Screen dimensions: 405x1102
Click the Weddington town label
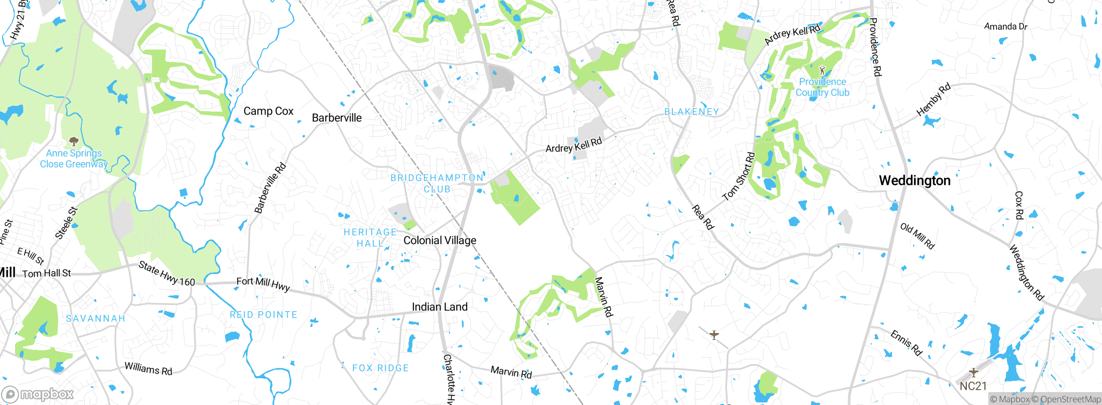pyautogui.click(x=914, y=181)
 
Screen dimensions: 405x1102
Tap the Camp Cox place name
pyautogui.click(x=268, y=111)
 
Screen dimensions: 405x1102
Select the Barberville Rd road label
pyautogui.click(x=270, y=188)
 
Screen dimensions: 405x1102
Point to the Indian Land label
pyautogui.click(x=440, y=307)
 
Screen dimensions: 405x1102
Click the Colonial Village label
pyautogui.click(x=440, y=240)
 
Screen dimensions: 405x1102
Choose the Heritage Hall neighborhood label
pyautogui.click(x=370, y=238)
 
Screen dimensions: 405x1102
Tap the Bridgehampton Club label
pyautogui.click(x=437, y=184)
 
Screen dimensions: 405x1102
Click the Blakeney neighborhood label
pyautogui.click(x=691, y=112)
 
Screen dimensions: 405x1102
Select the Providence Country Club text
pyautogui.click(x=822, y=87)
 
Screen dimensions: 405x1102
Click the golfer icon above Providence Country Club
pyautogui.click(x=822, y=69)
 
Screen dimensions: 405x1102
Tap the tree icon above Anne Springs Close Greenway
pyautogui.click(x=74, y=141)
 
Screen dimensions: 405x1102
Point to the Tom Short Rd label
pyautogui.click(x=739, y=177)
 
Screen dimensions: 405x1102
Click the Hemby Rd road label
pyautogui.click(x=933, y=100)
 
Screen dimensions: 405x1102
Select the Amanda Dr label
pyautogui.click(x=1006, y=27)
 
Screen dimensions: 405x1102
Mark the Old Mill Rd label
pyautogui.click(x=917, y=236)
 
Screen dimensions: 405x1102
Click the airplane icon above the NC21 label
pyautogui.click(x=973, y=372)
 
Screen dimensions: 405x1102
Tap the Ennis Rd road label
pyautogui.click(x=906, y=343)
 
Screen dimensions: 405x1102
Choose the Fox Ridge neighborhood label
pyautogui.click(x=381, y=368)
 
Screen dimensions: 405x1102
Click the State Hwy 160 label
pyautogui.click(x=167, y=274)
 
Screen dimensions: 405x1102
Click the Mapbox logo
pyautogui.click(x=38, y=394)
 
